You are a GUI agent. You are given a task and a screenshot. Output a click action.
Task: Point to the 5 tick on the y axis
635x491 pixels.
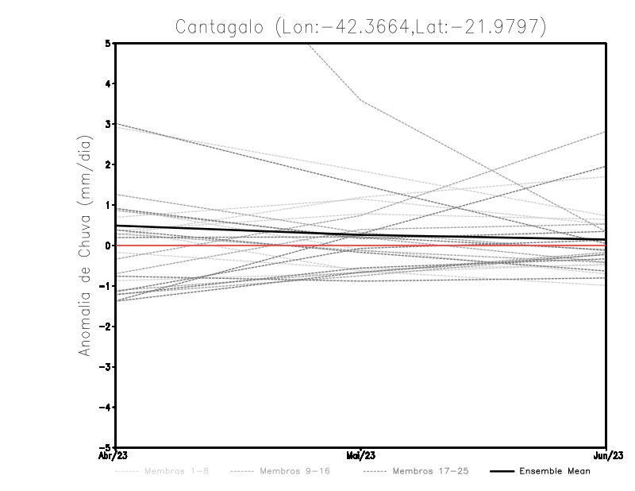[108, 43]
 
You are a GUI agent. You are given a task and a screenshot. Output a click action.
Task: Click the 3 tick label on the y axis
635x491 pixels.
[108, 124]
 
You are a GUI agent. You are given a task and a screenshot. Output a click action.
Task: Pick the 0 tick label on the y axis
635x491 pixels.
[108, 246]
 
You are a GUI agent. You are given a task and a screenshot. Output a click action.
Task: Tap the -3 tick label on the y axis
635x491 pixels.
[106, 367]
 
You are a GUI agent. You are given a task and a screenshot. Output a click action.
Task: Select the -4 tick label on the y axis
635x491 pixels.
[106, 408]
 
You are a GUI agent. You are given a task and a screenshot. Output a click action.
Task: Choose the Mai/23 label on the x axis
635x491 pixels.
[360, 456]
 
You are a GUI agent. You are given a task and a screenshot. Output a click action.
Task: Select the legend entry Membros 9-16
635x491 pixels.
[294, 471]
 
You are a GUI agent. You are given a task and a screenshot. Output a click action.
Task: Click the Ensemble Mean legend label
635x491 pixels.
[555, 471]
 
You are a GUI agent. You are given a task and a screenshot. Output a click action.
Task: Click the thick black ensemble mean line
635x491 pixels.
[238, 230]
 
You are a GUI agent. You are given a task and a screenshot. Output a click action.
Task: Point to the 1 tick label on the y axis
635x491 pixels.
[108, 205]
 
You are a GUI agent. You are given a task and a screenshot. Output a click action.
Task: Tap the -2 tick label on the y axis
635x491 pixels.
[106, 327]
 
